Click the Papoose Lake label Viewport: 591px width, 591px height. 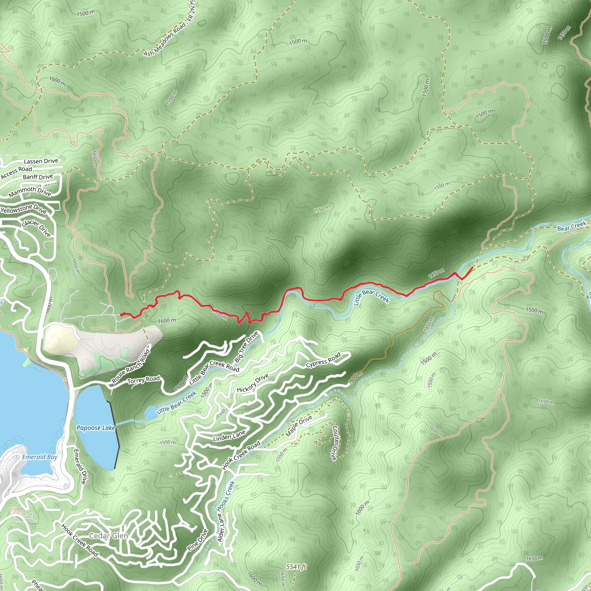point(96,428)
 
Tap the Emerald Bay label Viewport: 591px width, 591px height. point(40,457)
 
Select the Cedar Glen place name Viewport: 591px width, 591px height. point(108,536)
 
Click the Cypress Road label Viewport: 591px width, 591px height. point(323,361)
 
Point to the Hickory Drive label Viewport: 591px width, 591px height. point(253,383)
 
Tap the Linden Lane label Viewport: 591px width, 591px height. point(229,436)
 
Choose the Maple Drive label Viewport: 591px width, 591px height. point(299,426)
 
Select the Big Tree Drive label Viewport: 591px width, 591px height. point(246,346)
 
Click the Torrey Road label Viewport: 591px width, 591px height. point(143,380)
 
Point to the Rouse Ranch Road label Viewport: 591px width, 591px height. point(131,366)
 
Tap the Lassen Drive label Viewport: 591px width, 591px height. point(41,161)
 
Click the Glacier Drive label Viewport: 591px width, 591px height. point(36,228)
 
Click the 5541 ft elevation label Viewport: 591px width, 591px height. point(296,567)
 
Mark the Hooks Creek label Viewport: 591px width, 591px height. point(226,496)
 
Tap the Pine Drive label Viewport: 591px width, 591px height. point(198,540)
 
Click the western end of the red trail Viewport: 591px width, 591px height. point(121,315)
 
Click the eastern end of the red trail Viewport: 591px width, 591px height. point(474,267)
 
